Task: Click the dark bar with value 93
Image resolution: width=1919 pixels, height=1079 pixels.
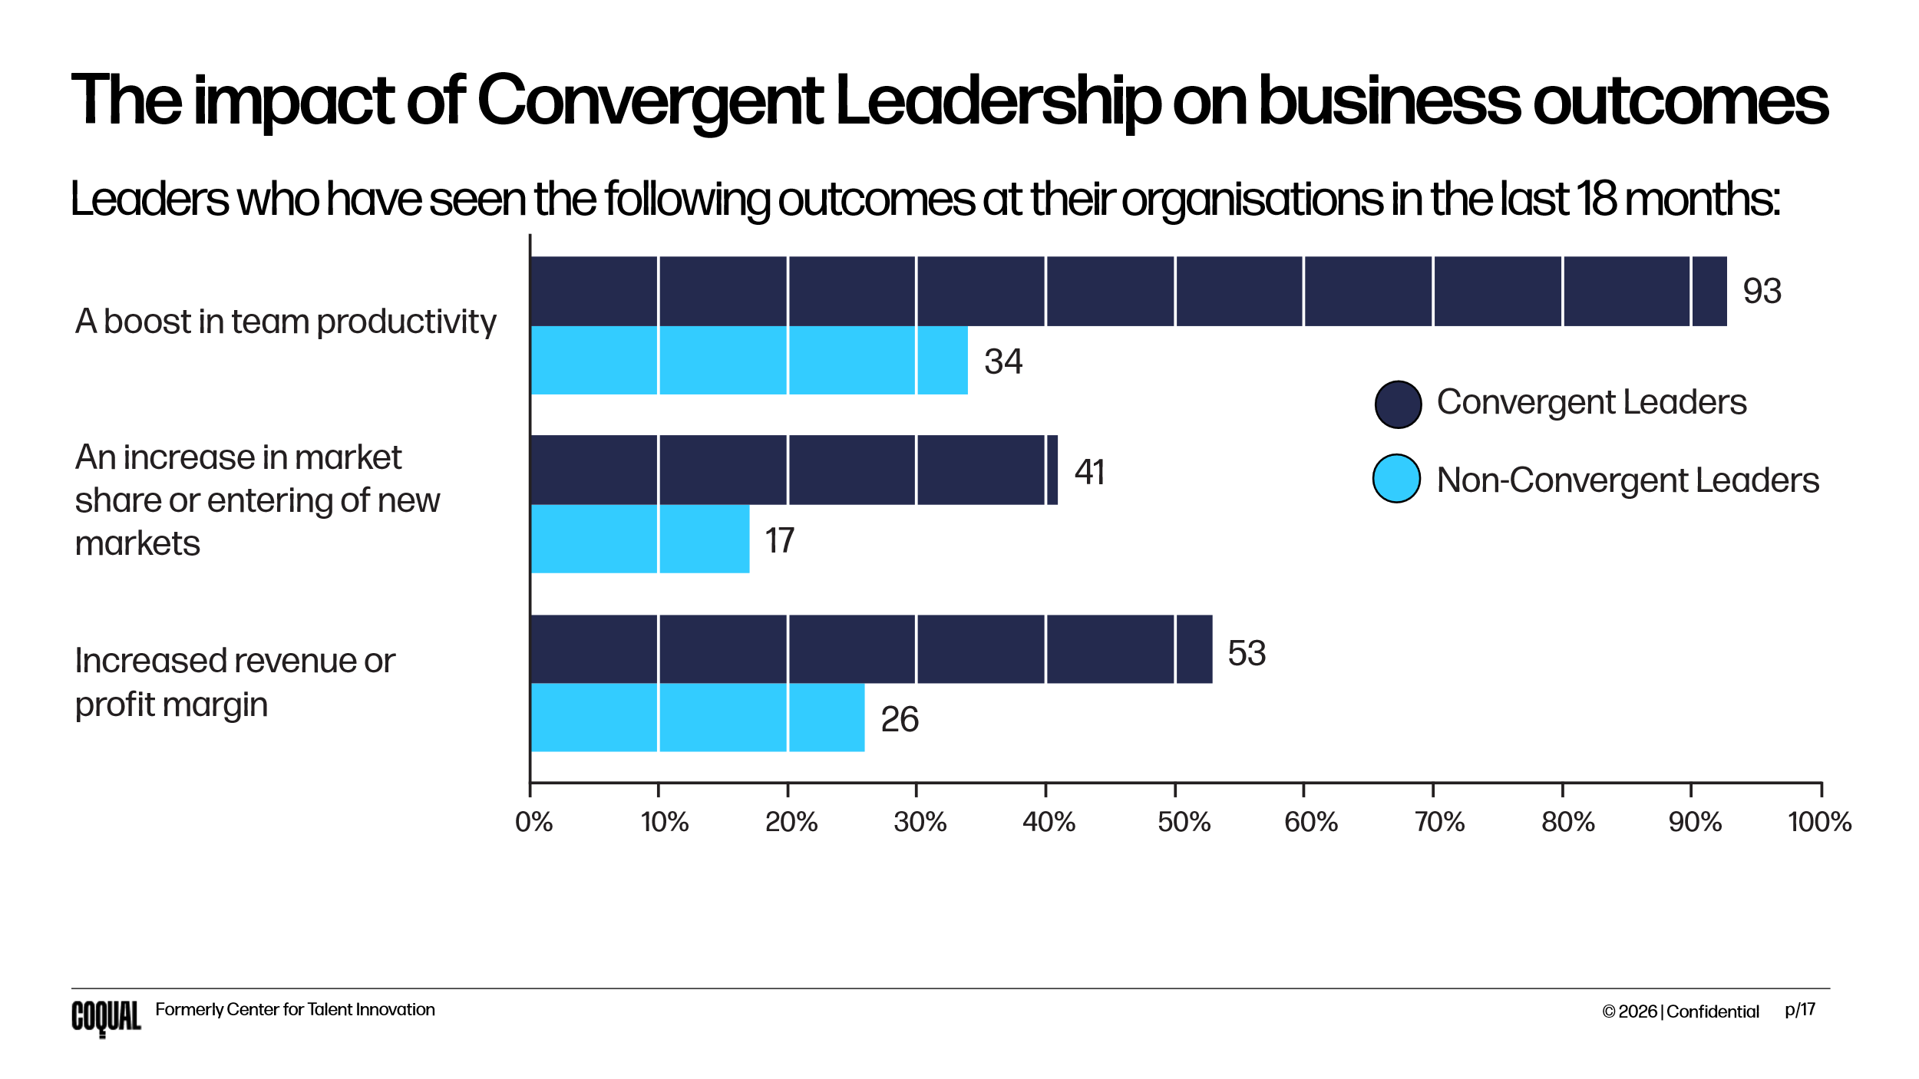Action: click(1128, 292)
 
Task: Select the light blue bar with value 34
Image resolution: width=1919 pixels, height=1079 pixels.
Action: click(749, 360)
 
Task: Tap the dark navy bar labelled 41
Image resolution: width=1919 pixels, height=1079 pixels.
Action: click(794, 470)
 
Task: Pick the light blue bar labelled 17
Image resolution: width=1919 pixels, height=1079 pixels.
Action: click(640, 539)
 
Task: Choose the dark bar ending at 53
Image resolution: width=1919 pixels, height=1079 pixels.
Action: click(871, 649)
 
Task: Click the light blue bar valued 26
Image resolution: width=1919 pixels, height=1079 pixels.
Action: click(697, 718)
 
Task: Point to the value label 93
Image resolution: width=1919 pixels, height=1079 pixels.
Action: click(1762, 292)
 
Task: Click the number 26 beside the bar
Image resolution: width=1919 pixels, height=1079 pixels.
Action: click(900, 720)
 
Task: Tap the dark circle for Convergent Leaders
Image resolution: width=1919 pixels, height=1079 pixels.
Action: click(1398, 404)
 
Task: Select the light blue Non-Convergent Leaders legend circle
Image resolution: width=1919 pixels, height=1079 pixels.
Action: click(1397, 479)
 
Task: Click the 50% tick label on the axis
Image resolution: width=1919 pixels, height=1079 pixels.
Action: click(1184, 823)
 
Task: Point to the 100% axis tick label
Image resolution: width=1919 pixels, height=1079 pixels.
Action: click(1819, 823)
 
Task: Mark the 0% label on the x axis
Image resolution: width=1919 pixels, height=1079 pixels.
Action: click(533, 823)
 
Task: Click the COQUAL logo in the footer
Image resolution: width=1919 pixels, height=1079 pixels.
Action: click(106, 1018)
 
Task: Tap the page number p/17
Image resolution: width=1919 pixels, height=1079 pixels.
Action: click(1800, 1010)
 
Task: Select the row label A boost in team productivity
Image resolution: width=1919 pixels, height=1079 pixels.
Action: click(286, 322)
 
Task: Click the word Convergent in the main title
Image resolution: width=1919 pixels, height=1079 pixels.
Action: click(651, 101)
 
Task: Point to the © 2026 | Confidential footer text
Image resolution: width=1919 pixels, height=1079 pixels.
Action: click(1680, 1011)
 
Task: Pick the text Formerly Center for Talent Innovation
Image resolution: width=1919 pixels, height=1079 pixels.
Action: click(295, 1010)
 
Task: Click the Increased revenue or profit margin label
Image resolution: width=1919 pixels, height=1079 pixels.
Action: click(235, 682)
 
